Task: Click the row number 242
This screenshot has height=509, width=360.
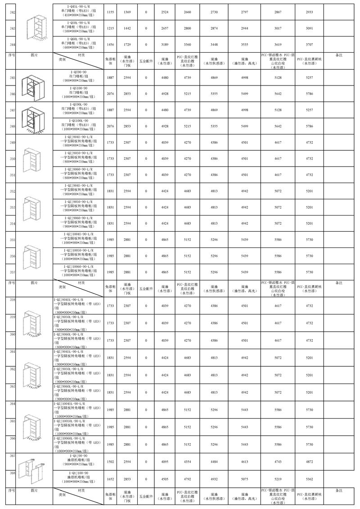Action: [x=12, y=12]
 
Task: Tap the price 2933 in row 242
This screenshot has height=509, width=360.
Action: [x=308, y=12]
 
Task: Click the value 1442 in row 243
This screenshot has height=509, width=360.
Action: [x=127, y=28]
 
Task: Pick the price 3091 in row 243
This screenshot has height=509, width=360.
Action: [x=308, y=28]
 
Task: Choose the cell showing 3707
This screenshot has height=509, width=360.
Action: [x=308, y=45]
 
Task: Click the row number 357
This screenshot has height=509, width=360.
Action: [x=13, y=272]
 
